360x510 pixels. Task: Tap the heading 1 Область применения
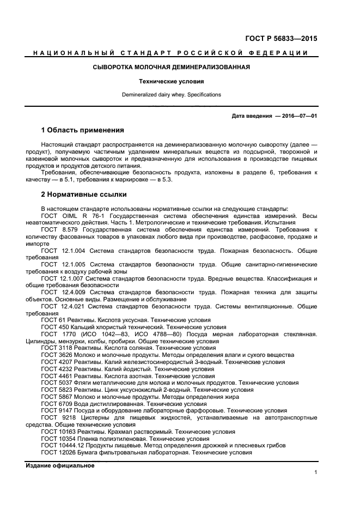(x=83, y=130)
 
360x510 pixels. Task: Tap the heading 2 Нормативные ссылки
(x=84, y=194)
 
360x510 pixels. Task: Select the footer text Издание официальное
(x=60, y=465)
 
